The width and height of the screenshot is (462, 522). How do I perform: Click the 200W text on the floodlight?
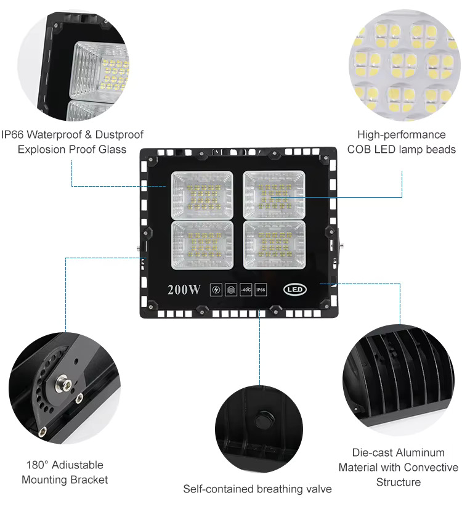point(184,290)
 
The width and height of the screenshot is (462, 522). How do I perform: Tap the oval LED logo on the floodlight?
point(295,289)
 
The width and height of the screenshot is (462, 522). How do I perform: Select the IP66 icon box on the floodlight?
point(261,290)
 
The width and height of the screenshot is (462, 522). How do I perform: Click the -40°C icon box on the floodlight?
point(246,290)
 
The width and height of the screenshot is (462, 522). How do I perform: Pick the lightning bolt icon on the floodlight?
point(216,290)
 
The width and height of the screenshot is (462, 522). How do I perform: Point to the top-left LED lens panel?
point(202,195)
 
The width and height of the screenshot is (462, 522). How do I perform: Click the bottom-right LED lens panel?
point(274,245)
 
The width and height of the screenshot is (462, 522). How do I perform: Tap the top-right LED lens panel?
point(274,195)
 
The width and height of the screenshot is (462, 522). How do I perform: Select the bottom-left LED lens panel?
point(202,245)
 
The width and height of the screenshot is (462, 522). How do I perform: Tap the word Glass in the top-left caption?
point(113,150)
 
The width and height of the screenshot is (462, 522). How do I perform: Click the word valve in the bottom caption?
point(320,489)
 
